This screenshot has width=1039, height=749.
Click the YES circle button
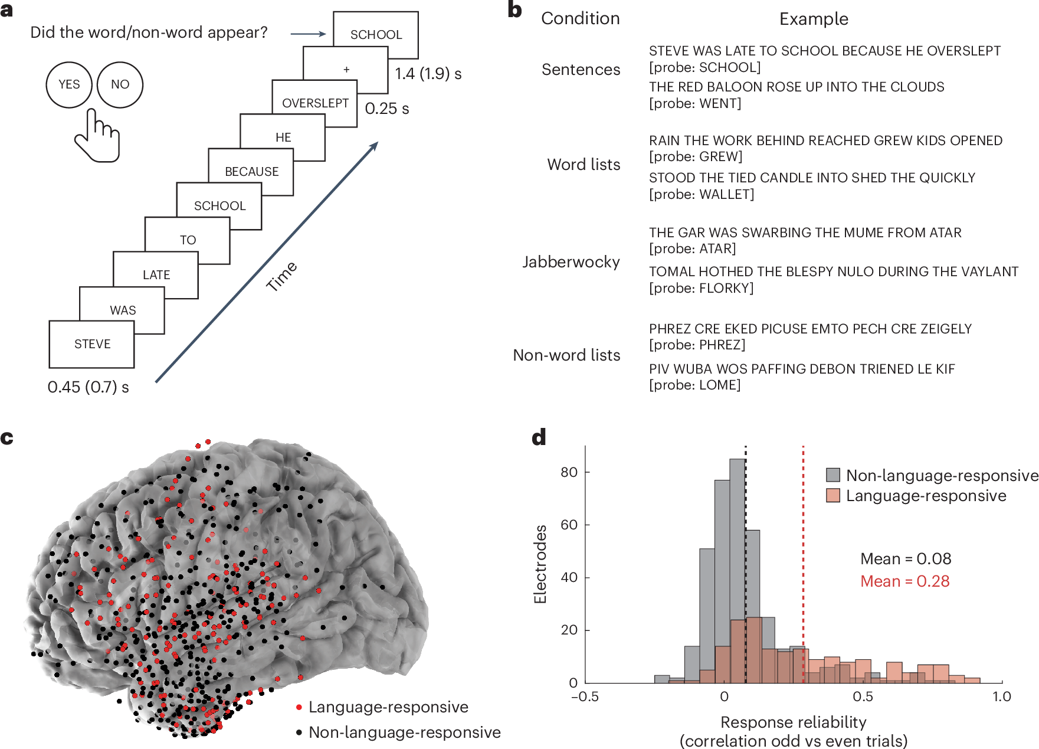click(69, 84)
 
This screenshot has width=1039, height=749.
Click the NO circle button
click(120, 84)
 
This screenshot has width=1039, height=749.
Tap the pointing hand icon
click(97, 136)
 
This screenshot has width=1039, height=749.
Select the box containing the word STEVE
click(91, 344)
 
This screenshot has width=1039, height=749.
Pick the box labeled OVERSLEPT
click(314, 103)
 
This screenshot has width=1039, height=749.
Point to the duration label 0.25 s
click(386, 109)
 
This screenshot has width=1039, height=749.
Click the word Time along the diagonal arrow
click(281, 276)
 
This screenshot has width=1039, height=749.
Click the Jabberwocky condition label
click(571, 261)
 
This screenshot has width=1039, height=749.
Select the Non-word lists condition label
click(566, 355)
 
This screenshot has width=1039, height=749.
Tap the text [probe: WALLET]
click(702, 194)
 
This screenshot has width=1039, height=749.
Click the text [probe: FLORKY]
click(701, 288)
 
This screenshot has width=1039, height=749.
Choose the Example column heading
click(814, 19)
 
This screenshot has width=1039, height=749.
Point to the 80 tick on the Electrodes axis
click(569, 472)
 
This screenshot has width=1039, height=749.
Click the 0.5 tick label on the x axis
click(863, 696)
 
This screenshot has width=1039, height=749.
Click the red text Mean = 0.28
click(904, 581)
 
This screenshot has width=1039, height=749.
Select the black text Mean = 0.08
click(905, 558)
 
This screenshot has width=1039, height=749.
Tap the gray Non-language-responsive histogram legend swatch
click(832, 475)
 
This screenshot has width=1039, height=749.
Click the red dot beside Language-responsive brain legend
click(299, 707)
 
